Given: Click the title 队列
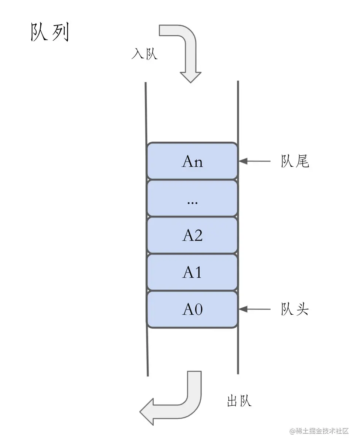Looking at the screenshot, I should [x=50, y=33].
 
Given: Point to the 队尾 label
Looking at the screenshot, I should [x=295, y=161].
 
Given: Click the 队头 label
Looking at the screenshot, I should [x=295, y=309].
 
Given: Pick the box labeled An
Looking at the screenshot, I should [x=192, y=161].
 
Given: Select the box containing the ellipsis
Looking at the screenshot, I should [x=192, y=199].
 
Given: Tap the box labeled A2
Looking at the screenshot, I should [x=192, y=236].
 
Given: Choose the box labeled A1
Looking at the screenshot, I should [x=192, y=273].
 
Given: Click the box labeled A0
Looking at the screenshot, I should [x=192, y=310].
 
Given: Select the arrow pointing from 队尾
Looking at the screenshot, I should [x=255, y=161].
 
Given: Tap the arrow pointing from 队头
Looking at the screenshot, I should [x=255, y=309].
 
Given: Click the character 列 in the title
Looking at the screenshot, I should [x=60, y=33].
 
